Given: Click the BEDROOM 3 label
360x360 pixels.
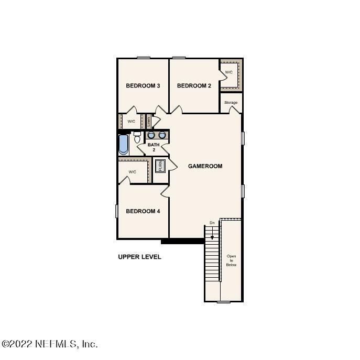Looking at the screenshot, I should coord(143,86).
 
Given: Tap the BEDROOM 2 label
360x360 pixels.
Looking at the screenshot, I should coord(193,86).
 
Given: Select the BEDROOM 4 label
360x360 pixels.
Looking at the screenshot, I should coord(143,211).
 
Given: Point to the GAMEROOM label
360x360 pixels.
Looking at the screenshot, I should coord(205,166).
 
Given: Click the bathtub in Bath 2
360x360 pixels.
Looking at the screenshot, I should coord(123,145).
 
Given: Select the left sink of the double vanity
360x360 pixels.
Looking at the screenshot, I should coord(151,135).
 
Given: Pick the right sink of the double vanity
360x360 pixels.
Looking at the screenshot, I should coord(162,135).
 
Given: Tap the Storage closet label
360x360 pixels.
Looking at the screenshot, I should coord(231,103).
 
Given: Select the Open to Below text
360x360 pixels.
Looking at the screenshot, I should coord(231,260).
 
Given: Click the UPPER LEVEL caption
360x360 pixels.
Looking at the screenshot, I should coord(139,257).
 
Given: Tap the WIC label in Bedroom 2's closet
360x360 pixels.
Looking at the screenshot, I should coord(228,72).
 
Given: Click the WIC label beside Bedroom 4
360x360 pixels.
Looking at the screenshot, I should coord(132,171).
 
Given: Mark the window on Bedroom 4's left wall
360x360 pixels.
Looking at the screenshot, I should coord(117,211).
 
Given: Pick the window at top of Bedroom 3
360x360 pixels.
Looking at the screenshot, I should coord(143,58).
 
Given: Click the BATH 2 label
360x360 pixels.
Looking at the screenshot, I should coord(154,147).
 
